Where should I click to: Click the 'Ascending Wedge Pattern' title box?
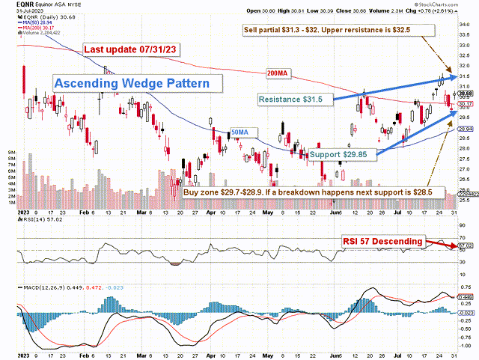click(x=131, y=84)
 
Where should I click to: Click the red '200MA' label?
click(x=277, y=73)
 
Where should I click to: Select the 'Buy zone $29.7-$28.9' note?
click(x=308, y=192)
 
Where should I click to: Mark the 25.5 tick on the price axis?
click(x=465, y=200)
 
